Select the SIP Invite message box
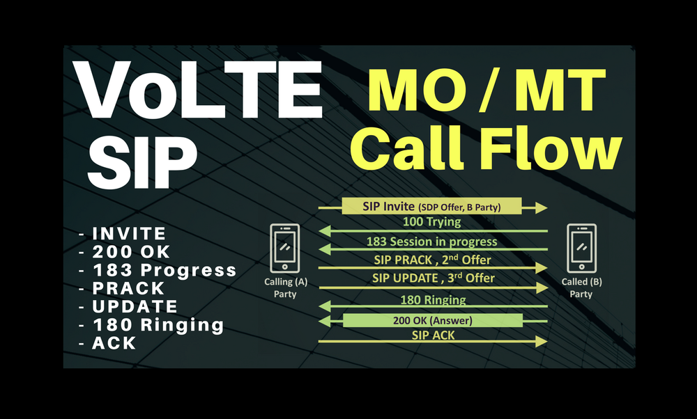[x=431, y=206]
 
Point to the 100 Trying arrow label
[x=431, y=222]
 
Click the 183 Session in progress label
[x=431, y=242]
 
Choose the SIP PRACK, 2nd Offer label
[x=431, y=260]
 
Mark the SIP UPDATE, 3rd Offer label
[x=431, y=278]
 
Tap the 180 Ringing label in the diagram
[x=432, y=300]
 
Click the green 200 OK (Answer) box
[x=432, y=320]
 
